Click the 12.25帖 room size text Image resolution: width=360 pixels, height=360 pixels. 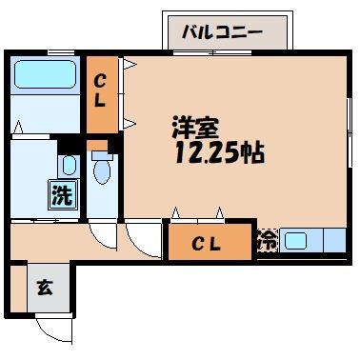tap(217, 152)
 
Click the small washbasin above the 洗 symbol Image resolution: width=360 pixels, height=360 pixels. tap(69, 166)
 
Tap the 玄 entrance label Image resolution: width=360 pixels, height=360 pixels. tap(43, 285)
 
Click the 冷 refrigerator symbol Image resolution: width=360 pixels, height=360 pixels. tap(268, 241)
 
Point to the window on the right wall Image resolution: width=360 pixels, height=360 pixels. tap(349, 125)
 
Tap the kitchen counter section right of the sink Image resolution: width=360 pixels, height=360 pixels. tap(333, 241)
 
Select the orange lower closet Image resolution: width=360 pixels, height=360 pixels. tap(210, 243)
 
